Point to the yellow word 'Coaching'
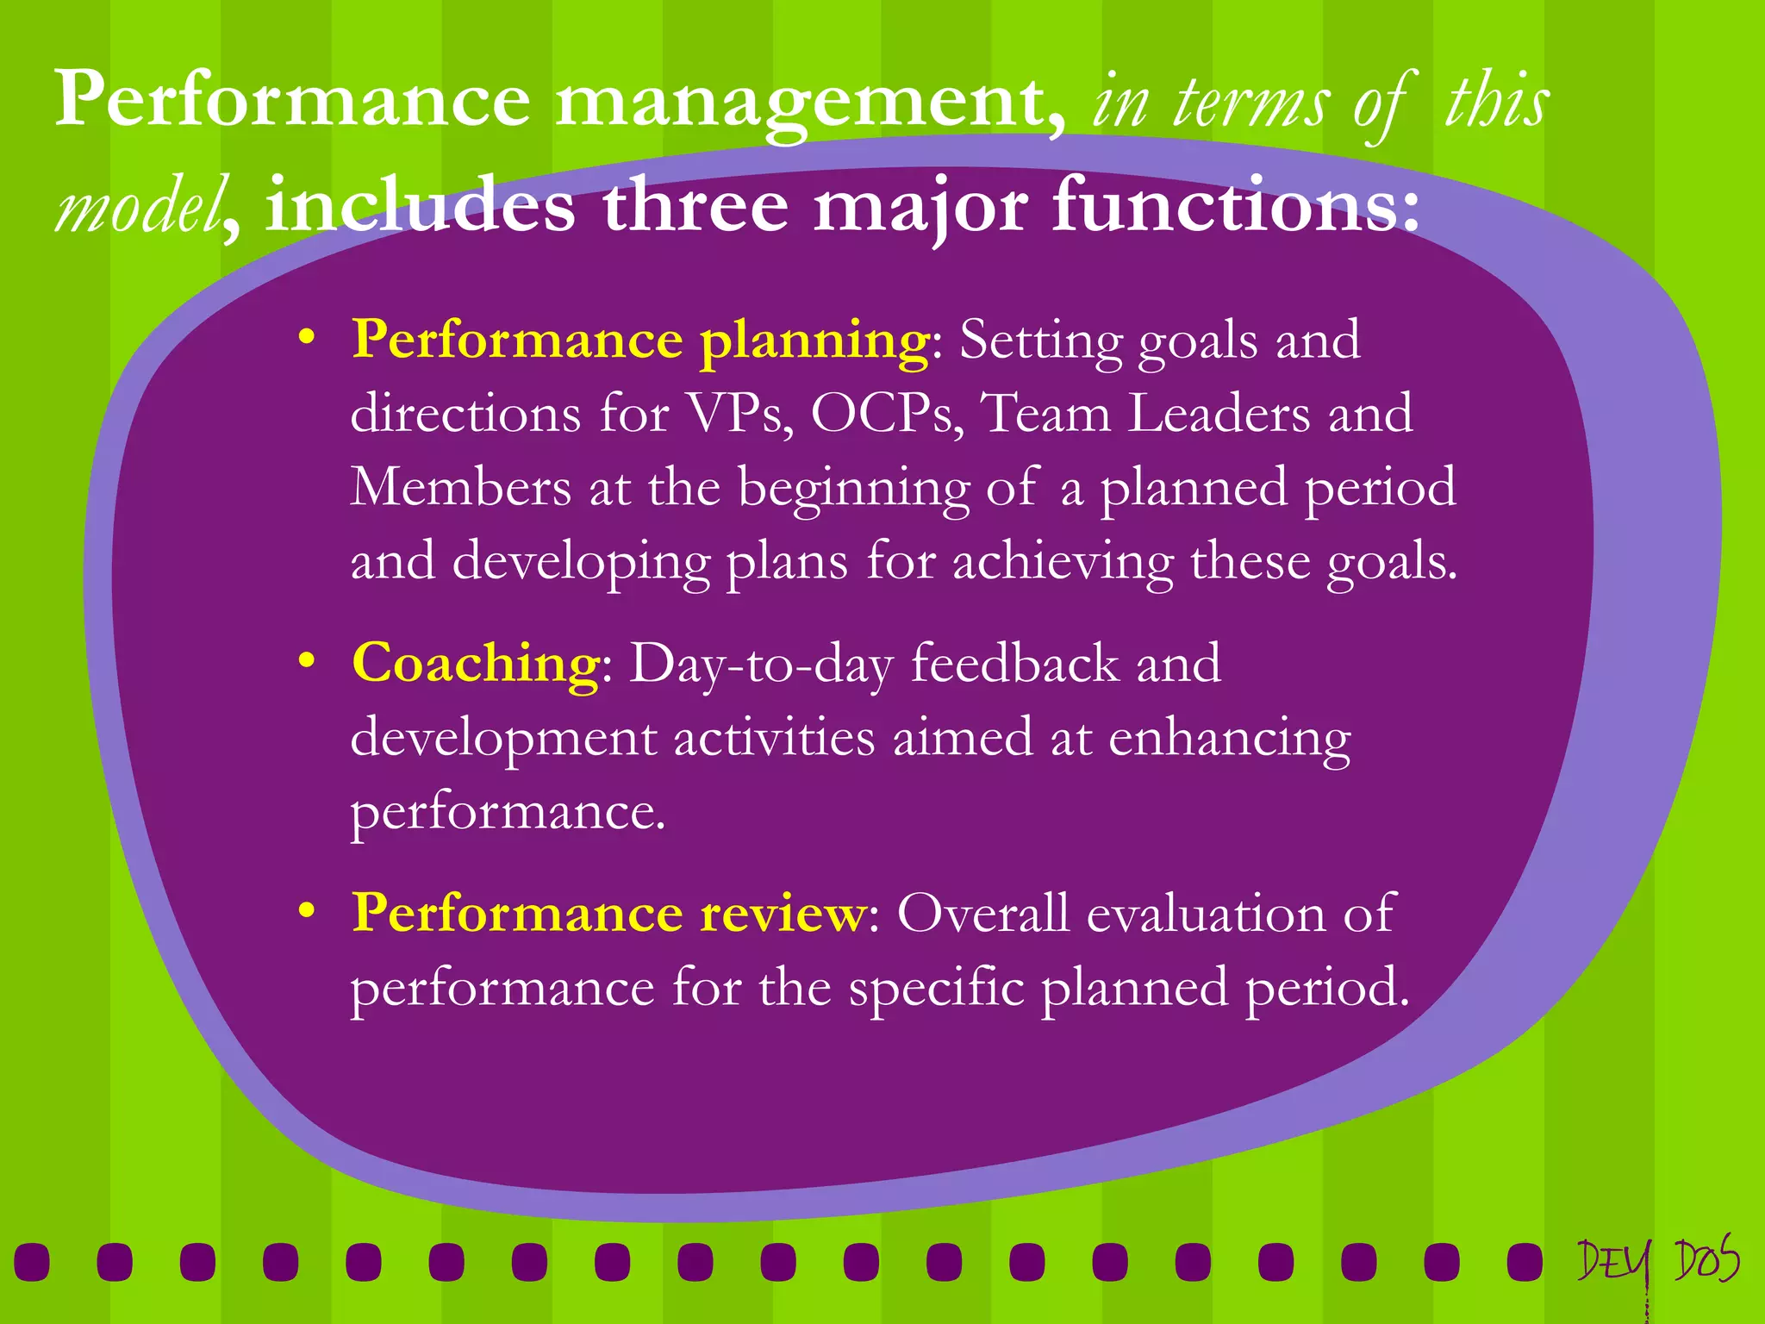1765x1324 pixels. pos(476,664)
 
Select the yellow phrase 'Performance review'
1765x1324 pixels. pos(608,913)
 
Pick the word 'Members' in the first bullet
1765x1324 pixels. pos(460,488)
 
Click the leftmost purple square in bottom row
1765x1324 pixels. pos(32,1262)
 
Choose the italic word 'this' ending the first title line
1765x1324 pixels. pos(1497,102)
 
